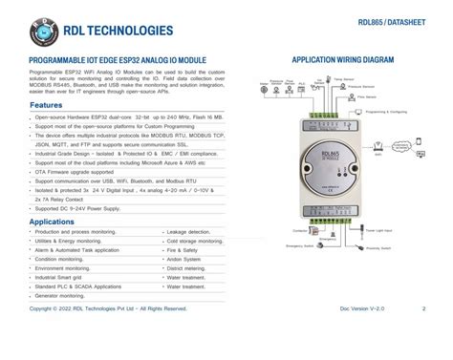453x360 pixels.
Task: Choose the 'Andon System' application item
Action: (186, 260)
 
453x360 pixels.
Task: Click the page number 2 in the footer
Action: (423, 308)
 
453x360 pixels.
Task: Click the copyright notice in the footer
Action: (108, 308)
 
